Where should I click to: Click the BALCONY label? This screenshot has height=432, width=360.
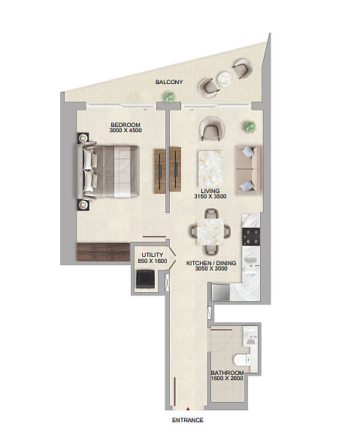pyautogui.click(x=169, y=82)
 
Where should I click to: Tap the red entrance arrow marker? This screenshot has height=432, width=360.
pyautogui.click(x=188, y=409)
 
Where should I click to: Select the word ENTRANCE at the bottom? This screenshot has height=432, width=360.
pyautogui.click(x=188, y=420)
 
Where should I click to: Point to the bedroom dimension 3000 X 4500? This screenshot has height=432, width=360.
pyautogui.click(x=126, y=130)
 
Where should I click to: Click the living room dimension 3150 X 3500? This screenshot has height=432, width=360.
pyautogui.click(x=210, y=196)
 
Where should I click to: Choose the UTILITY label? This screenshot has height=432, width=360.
pyautogui.click(x=153, y=255)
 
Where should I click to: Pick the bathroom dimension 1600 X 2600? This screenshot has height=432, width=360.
pyautogui.click(x=227, y=378)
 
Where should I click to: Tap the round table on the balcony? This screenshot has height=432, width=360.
pyautogui.click(x=225, y=80)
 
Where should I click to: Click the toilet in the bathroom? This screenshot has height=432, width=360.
pyautogui.click(x=241, y=361)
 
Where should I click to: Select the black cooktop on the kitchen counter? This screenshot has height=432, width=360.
pyautogui.click(x=251, y=237)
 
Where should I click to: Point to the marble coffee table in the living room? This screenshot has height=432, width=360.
pyautogui.click(x=210, y=169)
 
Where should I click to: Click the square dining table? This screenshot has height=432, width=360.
pyautogui.click(x=210, y=231)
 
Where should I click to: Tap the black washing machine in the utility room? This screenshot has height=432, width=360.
pyautogui.click(x=146, y=279)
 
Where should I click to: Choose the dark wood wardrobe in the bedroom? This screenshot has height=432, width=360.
pyautogui.click(x=104, y=252)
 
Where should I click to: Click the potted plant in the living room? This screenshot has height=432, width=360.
pyautogui.click(x=250, y=126)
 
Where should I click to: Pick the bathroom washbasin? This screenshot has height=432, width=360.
pyautogui.click(x=250, y=337)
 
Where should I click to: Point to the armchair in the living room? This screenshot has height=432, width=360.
pyautogui.click(x=212, y=129)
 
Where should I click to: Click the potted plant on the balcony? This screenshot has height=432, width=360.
pyautogui.click(x=168, y=96)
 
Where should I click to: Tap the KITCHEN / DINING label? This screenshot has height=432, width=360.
pyautogui.click(x=211, y=263)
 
